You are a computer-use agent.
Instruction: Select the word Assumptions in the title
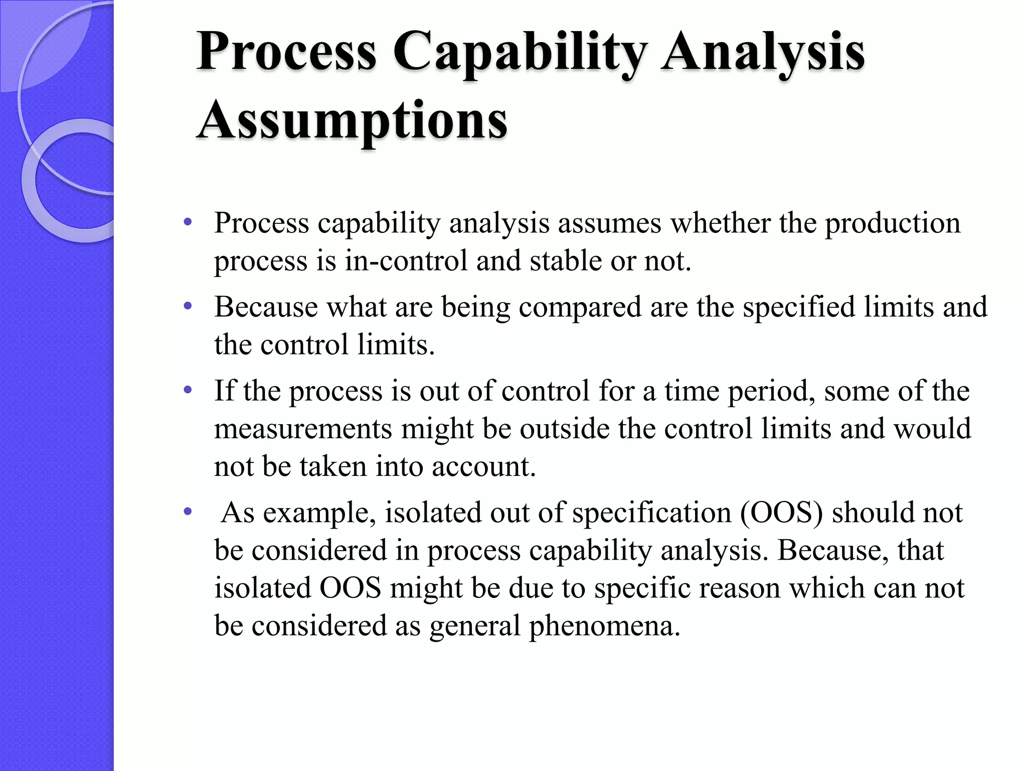[352, 120]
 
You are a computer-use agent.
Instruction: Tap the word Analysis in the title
[763, 53]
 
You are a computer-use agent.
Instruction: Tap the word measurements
[303, 429]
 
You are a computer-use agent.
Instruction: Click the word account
[483, 467]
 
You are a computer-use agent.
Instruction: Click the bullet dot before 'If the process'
[188, 390]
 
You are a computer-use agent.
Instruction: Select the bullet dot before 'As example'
[188, 512]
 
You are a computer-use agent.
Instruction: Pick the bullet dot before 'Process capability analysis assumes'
[188, 222]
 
